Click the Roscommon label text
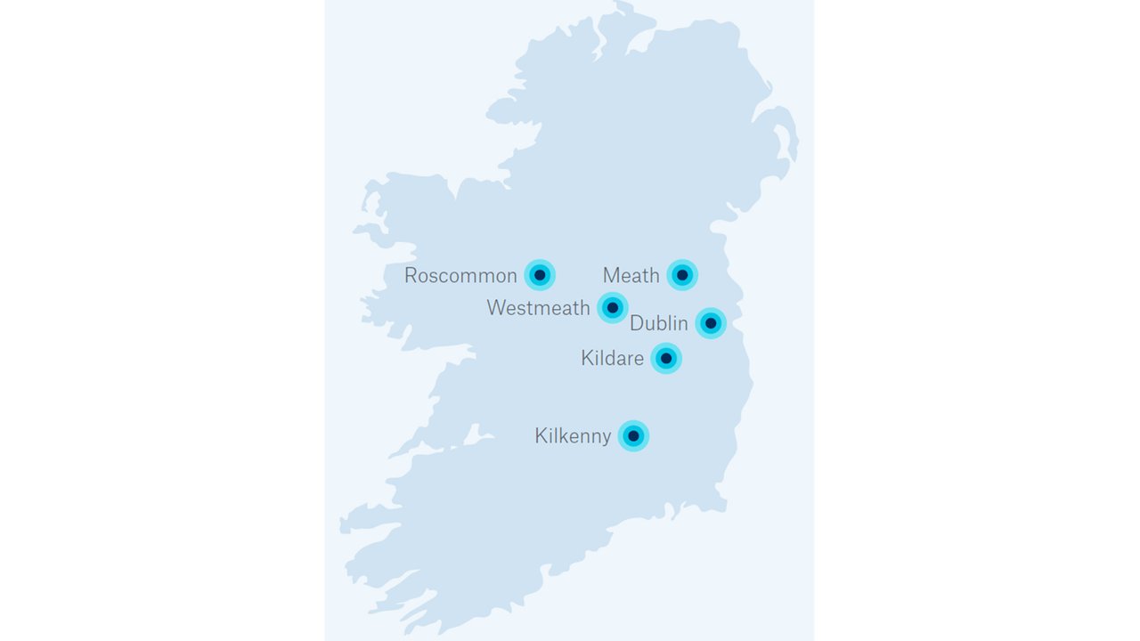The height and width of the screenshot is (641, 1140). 460,276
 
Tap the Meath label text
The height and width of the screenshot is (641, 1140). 631,276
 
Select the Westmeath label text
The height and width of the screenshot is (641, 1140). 538,308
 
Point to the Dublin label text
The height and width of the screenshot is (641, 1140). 659,323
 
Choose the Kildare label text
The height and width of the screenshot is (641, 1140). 612,359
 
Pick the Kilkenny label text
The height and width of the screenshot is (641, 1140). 573,436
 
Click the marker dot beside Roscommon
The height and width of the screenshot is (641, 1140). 540,275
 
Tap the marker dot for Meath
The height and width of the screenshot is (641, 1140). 682,275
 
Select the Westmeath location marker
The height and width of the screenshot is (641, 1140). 613,308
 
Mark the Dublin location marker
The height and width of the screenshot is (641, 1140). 711,322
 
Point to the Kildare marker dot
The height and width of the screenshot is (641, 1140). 666,358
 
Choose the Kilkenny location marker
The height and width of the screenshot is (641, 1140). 633,435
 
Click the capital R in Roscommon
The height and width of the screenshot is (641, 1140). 411,276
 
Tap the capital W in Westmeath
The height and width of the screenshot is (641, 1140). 497,308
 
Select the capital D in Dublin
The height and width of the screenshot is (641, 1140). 637,323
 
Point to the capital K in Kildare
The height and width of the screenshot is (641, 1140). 587,359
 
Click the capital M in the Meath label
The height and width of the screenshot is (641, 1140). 611,276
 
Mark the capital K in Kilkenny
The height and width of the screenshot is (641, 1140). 541,436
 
